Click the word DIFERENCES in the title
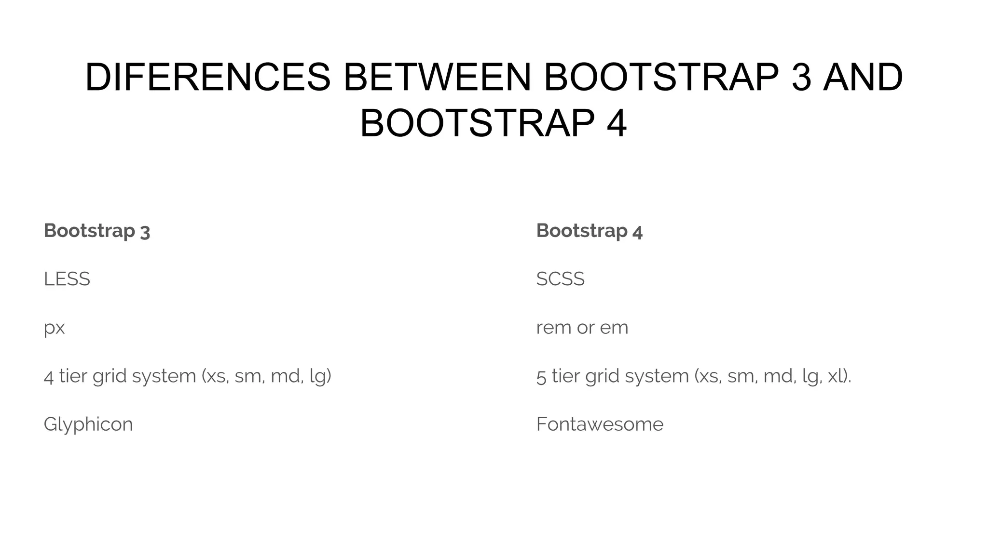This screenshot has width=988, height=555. point(208,78)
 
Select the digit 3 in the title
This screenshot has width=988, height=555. point(801,78)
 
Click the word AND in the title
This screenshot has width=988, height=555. point(863,78)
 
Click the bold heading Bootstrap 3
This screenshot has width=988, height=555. point(97,231)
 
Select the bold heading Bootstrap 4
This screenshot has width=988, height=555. point(589,231)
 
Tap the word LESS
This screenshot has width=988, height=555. point(67,279)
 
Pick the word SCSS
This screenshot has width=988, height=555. point(560,279)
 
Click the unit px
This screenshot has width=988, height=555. point(54,328)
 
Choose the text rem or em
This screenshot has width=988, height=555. point(582,328)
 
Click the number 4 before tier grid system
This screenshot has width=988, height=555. point(48,376)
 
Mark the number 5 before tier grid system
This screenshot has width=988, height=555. point(541,376)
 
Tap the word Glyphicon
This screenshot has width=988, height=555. point(88,424)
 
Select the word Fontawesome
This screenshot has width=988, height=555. point(600,424)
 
